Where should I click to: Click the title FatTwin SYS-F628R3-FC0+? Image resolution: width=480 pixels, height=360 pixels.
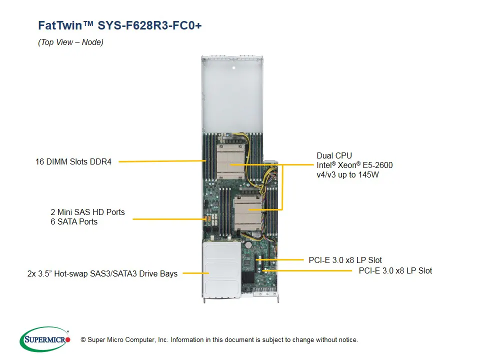click(x=120, y=25)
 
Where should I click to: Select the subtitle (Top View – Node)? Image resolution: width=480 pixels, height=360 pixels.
click(x=70, y=42)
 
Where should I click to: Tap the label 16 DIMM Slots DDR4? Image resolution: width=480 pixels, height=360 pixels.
click(x=73, y=161)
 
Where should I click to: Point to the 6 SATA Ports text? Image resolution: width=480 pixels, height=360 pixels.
click(x=74, y=221)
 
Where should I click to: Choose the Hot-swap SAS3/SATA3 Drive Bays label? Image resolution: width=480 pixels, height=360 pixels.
click(x=102, y=273)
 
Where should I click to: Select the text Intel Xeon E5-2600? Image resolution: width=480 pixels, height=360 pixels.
click(x=355, y=165)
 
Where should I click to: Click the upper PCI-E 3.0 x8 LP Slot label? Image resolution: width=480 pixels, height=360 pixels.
click(x=345, y=260)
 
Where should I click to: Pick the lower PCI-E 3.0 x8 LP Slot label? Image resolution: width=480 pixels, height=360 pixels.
click(x=395, y=270)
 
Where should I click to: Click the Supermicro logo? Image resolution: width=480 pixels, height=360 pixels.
click(x=45, y=339)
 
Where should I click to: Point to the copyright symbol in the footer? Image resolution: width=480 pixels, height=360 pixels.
click(x=83, y=340)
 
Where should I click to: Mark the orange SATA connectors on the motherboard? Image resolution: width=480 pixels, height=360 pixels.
click(x=204, y=219)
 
